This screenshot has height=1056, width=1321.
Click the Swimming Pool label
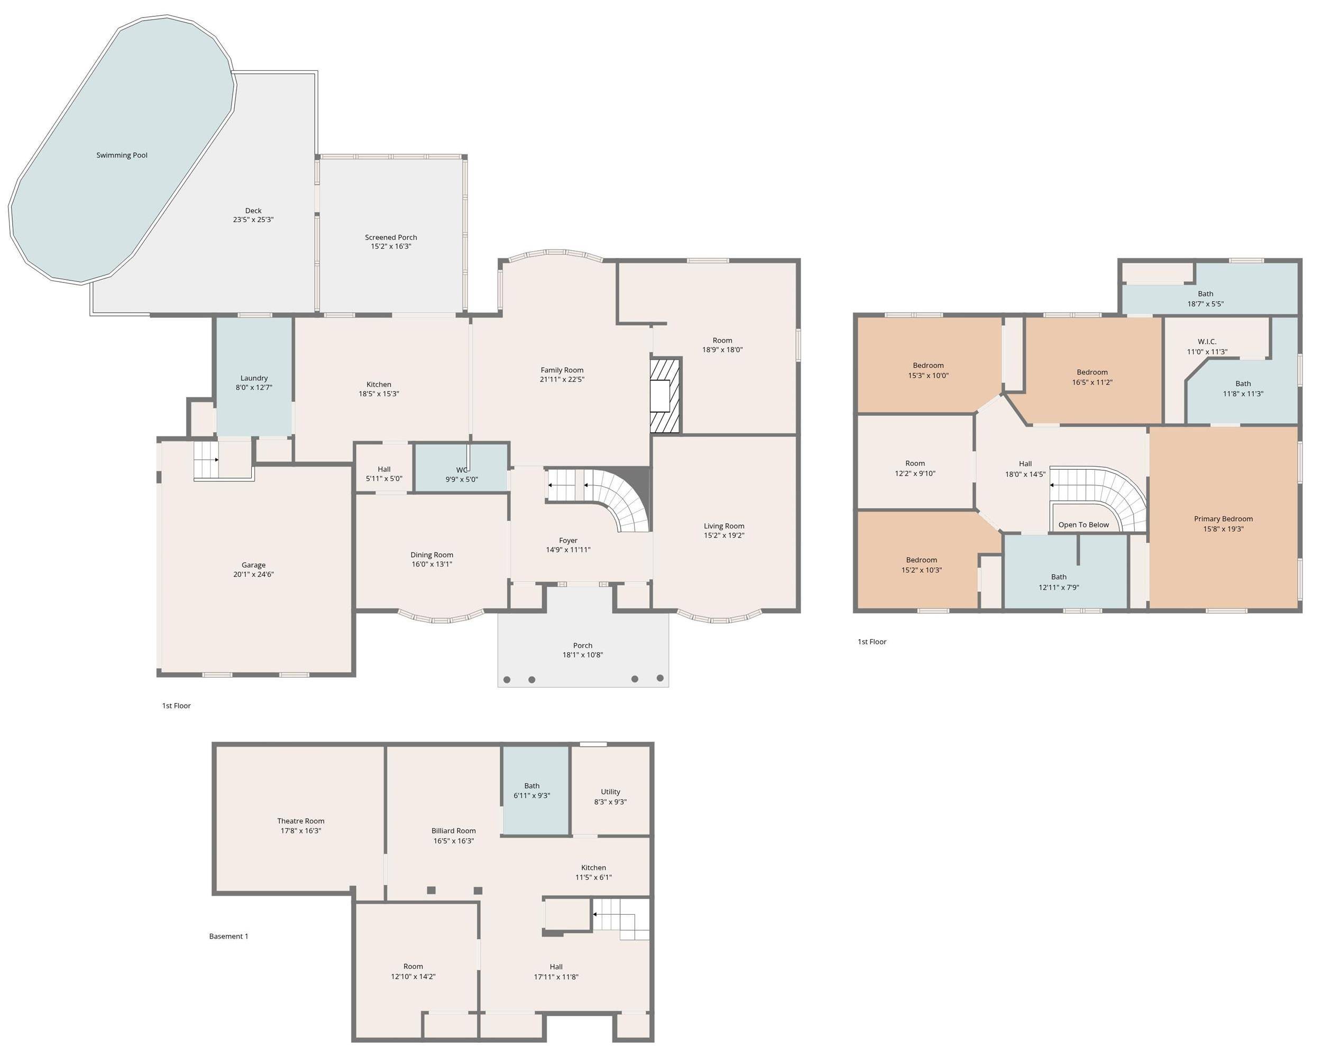[122, 155]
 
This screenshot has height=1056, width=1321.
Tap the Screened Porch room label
[391, 237]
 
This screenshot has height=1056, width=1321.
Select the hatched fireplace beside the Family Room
[665, 396]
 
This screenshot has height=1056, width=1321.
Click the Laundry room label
[254, 378]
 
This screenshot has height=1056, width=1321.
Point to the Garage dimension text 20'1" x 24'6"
[253, 574]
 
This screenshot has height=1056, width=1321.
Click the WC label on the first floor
[461, 470]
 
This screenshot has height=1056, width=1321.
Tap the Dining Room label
[432, 554]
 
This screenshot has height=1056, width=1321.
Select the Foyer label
[568, 541]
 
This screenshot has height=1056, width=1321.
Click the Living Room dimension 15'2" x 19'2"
[723, 535]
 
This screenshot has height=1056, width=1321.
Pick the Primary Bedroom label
[1223, 518]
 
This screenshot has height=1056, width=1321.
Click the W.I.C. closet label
[1206, 341]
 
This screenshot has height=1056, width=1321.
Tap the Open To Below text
[1083, 525]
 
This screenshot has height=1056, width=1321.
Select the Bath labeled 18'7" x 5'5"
[1205, 298]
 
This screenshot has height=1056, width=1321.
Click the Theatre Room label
[300, 821]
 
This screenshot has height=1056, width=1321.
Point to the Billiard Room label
[453, 831]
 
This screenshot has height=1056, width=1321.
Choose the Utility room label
[610, 791]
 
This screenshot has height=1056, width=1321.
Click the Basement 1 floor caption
[228, 936]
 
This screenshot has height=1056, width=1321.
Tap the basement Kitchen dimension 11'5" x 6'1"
[593, 877]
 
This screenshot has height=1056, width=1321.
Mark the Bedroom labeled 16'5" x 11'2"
[1092, 377]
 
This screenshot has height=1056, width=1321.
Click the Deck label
[253, 210]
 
